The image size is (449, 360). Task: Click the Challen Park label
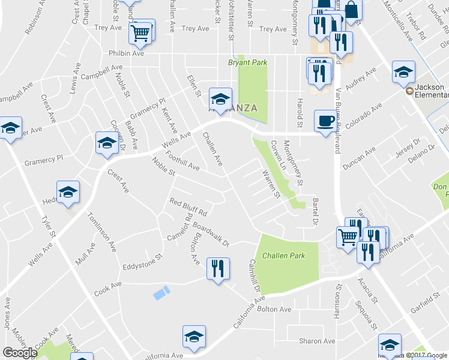point(283,256)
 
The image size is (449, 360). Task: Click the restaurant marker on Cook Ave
point(217,268)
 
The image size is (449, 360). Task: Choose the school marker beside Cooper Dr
point(107,143)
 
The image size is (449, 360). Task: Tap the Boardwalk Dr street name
point(208,236)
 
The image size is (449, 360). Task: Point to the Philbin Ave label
point(127,53)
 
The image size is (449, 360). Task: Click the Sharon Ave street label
point(317,341)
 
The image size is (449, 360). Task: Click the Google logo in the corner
point(20,353)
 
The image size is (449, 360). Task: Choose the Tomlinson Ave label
point(102,230)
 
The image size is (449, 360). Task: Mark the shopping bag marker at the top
point(352,10)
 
